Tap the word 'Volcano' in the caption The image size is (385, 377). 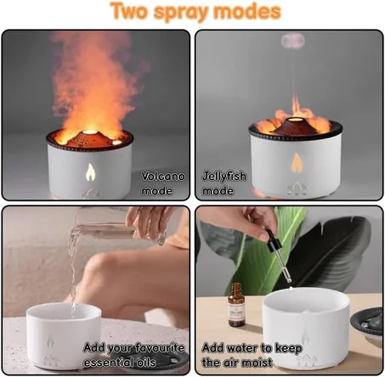pos(163,177)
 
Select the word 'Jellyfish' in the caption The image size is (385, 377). pos(224,177)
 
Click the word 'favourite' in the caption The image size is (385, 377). pos(159,348)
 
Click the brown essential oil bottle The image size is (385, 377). pos(236,305)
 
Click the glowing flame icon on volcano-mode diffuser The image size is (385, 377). pos(90,172)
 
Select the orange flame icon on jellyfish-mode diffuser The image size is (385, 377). pos(297,163)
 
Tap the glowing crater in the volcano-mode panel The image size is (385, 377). pos(90,132)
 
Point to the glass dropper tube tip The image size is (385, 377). pos(289,280)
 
